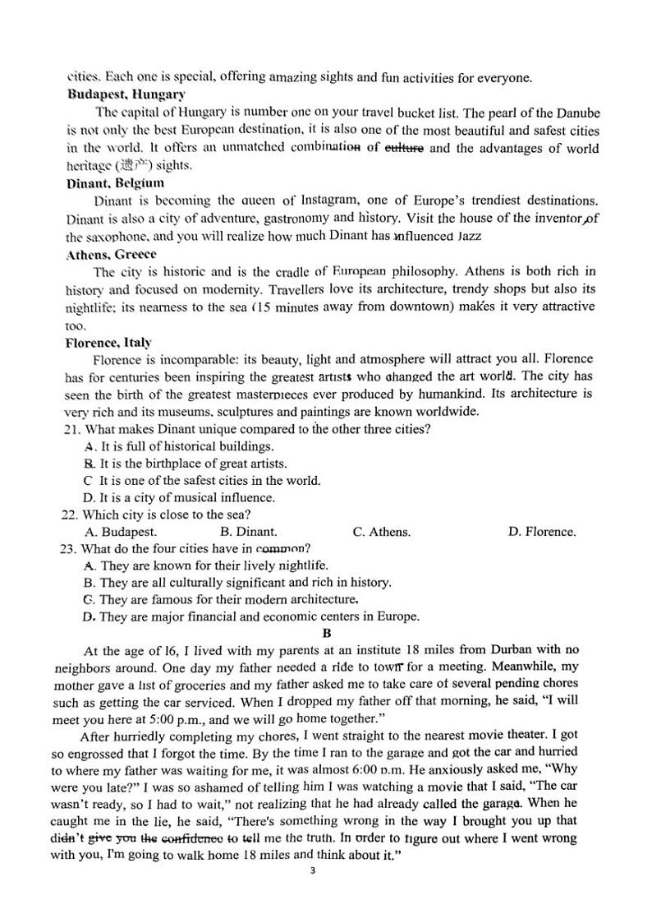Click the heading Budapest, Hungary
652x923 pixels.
tap(126, 95)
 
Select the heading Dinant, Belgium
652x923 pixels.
tap(115, 183)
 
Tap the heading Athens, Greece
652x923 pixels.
tap(111, 254)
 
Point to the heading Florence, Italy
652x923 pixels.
tap(108, 342)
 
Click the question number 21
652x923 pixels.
tap(70, 429)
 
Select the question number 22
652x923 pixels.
tap(70, 515)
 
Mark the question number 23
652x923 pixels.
tap(70, 549)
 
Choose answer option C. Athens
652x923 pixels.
tap(381, 532)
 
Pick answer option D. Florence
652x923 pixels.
tap(542, 532)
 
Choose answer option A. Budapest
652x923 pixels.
tap(121, 532)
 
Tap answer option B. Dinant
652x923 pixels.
tap(249, 532)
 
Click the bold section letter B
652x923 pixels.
tap(326, 633)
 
